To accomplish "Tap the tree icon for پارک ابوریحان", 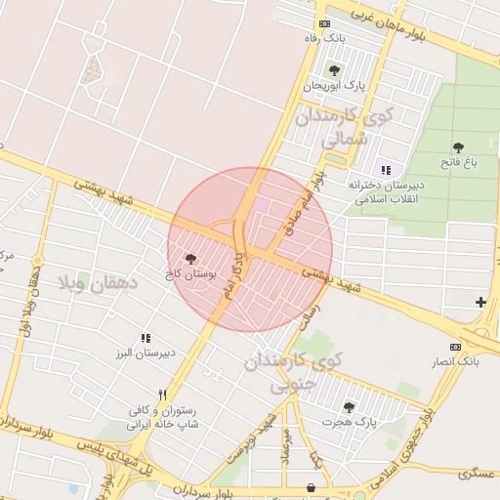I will click(334, 70).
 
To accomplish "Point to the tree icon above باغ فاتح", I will click(458, 148).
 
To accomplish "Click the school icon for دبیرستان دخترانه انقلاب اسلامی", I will click(385, 169).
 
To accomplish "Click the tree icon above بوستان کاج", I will click(190, 261).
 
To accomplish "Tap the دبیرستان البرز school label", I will click(146, 354).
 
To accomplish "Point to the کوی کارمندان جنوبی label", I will click(294, 372).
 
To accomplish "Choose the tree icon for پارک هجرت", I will click(349, 406).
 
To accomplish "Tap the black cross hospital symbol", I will click(479, 303).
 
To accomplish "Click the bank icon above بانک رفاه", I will click(324, 23).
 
